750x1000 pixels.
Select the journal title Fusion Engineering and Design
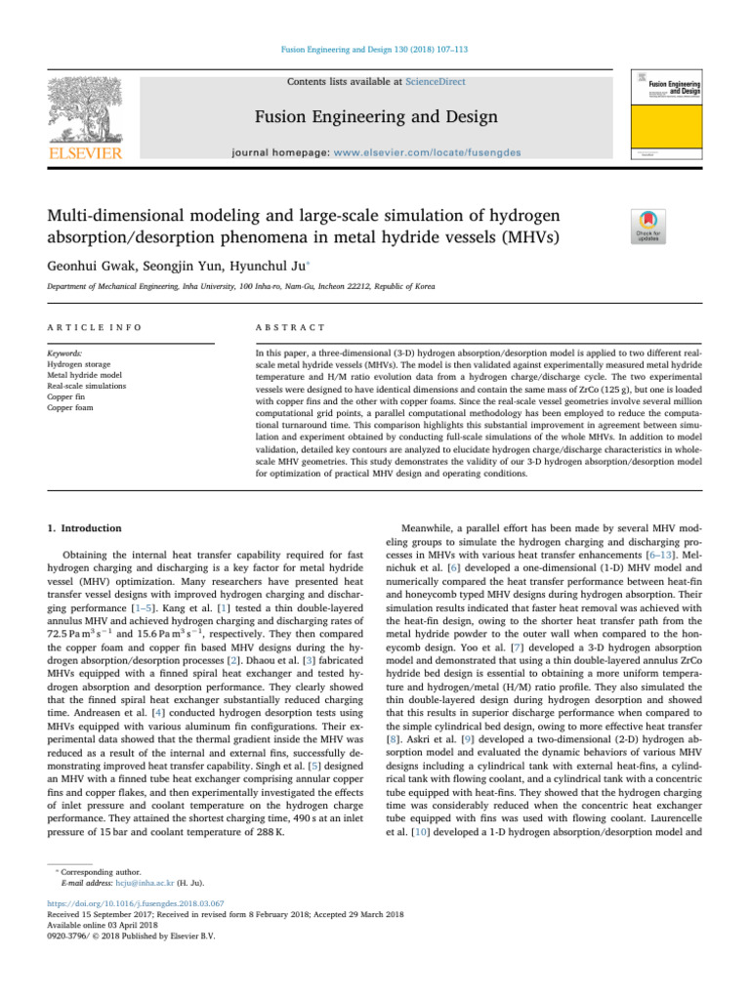tap(375, 117)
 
